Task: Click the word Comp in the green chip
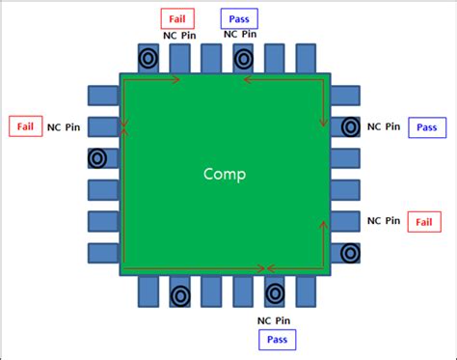[x=225, y=175]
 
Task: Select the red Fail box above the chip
[x=177, y=17]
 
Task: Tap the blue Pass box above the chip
[x=239, y=17]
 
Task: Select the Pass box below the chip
[x=277, y=339]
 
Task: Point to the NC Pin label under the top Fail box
[x=177, y=35]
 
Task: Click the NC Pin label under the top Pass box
[x=240, y=35]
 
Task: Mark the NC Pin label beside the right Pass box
[x=384, y=126]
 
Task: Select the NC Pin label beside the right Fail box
[x=384, y=221]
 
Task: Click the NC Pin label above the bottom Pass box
[x=276, y=319]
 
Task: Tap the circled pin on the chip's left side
[x=97, y=158]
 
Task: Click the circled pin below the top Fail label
[x=148, y=58]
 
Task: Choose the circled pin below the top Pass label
[x=244, y=58]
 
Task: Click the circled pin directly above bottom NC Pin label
[x=275, y=292]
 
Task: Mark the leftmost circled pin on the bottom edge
[x=179, y=294]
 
